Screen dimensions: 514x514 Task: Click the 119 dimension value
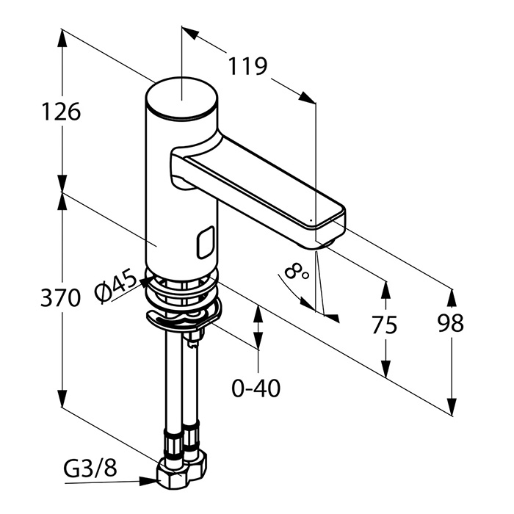click(247, 67)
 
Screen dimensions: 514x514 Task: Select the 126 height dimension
click(60, 112)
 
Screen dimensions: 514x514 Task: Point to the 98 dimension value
click(449, 323)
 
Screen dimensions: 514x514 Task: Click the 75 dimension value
click(385, 324)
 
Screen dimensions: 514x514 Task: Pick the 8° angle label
click(297, 274)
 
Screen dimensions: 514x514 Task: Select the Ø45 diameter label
click(116, 286)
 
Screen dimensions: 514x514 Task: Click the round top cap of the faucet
click(181, 96)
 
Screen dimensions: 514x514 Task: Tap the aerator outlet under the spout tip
click(328, 240)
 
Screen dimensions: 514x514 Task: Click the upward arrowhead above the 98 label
click(450, 297)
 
